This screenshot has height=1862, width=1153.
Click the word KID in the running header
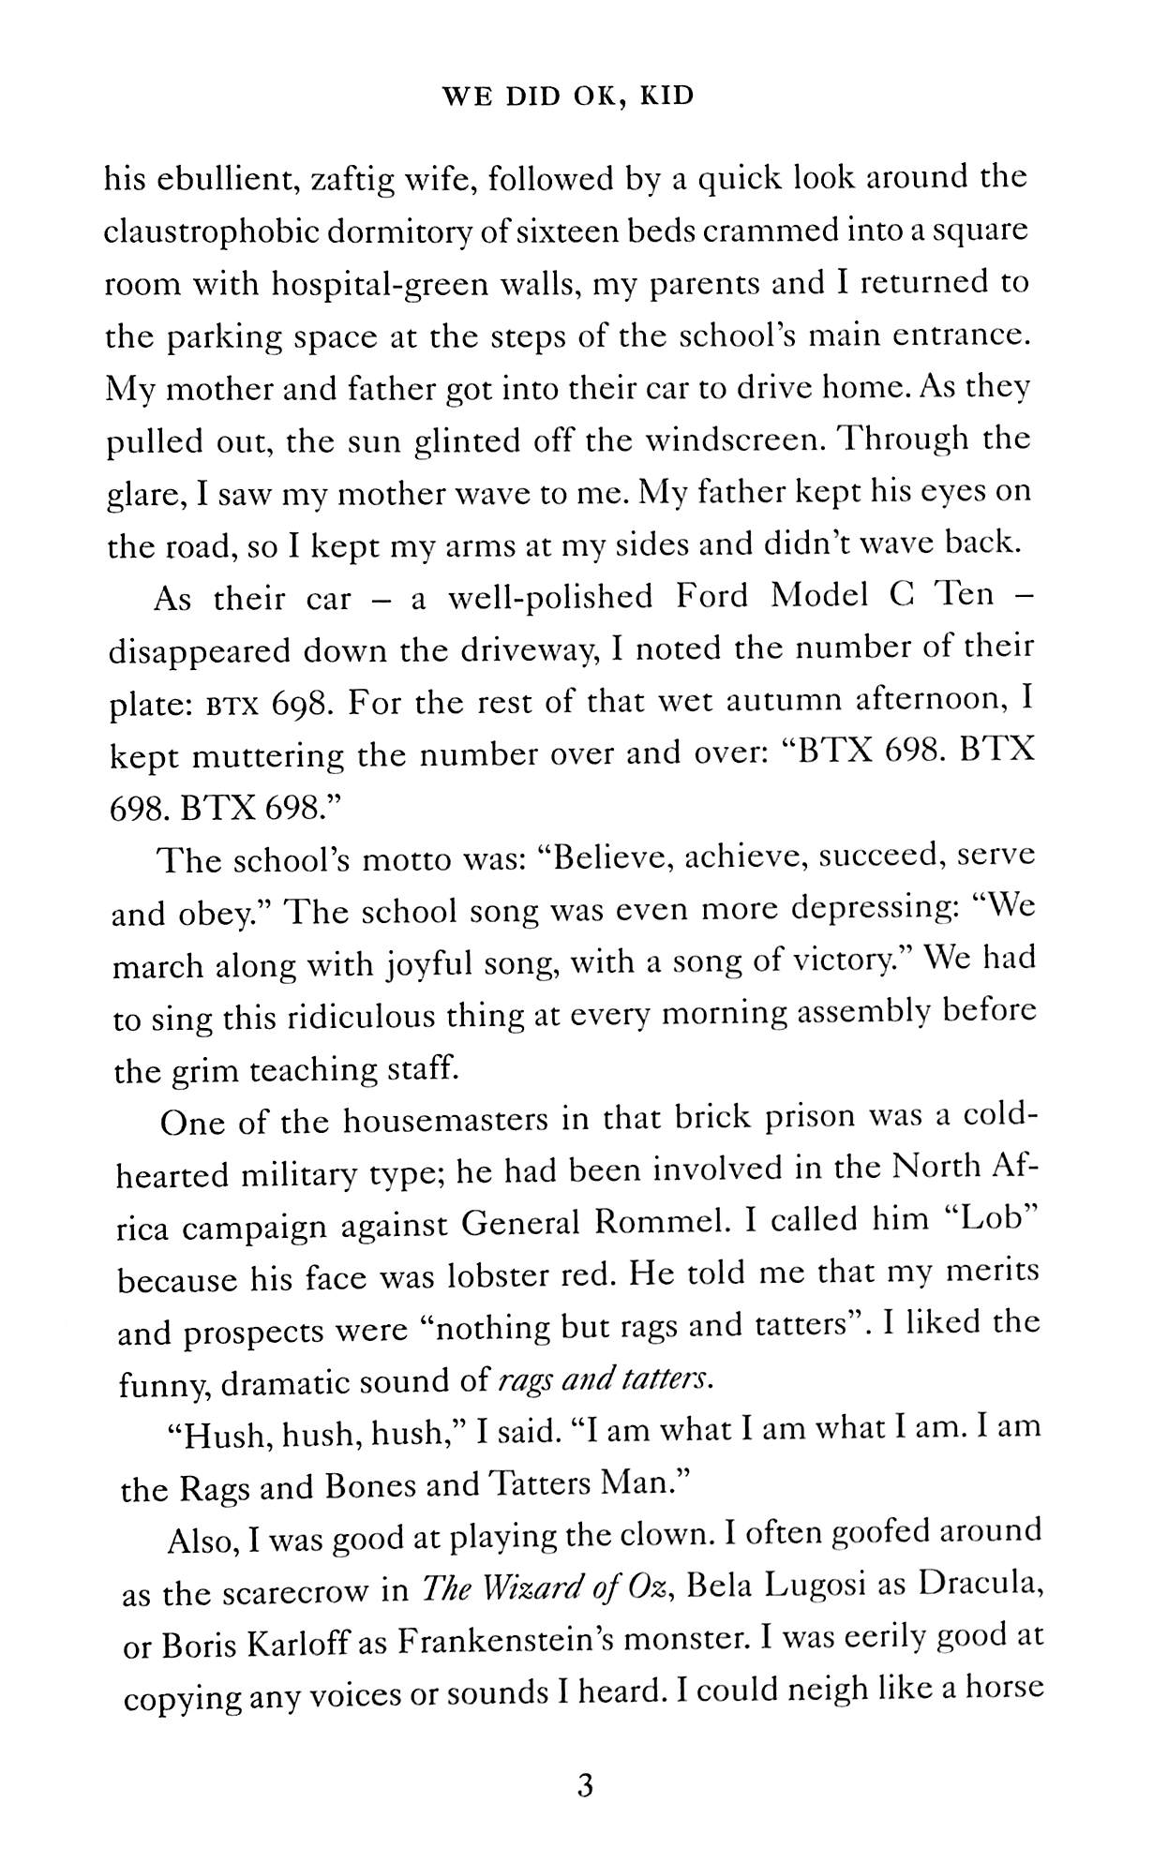coord(664,96)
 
